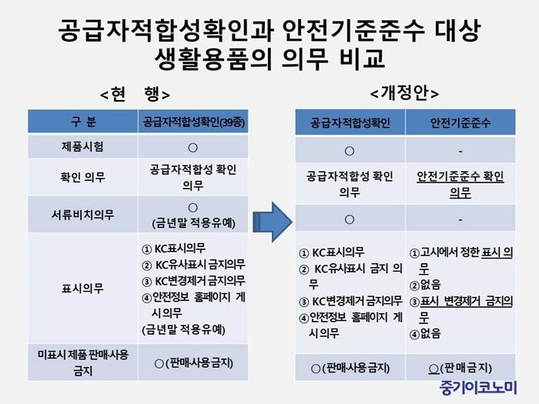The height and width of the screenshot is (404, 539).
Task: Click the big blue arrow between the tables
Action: [273, 222]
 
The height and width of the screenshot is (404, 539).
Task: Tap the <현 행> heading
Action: [135, 94]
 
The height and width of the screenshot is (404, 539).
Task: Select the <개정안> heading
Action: [404, 93]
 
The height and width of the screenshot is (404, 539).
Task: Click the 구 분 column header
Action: [83, 122]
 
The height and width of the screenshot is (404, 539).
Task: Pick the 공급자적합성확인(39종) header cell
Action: [193, 122]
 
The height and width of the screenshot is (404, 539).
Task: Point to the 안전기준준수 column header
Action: [460, 122]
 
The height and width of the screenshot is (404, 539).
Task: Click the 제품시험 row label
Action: [82, 147]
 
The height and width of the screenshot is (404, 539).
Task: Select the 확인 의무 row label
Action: [82, 177]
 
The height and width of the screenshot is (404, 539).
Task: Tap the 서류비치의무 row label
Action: [82, 215]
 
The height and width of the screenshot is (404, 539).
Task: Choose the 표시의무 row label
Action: [82, 288]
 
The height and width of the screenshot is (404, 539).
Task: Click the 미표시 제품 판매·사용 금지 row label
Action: [83, 362]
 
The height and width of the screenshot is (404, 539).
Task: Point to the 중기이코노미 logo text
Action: [478, 388]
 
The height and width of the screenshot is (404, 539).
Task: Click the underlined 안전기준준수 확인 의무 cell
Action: [460, 185]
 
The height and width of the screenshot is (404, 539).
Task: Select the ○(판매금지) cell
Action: [460, 369]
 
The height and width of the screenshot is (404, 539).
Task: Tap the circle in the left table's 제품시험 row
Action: [192, 148]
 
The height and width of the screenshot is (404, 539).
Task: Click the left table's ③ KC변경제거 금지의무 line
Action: [193, 281]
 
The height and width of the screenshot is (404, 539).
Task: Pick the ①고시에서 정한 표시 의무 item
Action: [461, 260]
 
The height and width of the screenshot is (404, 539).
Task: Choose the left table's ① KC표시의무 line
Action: [173, 249]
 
